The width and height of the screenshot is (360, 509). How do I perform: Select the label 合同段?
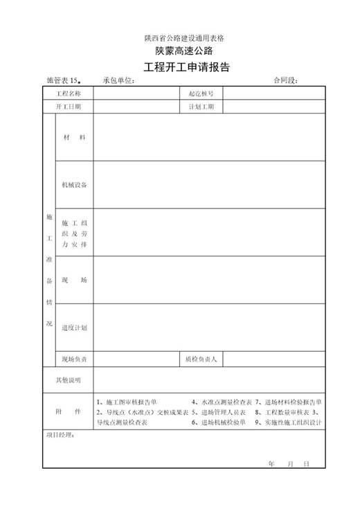point(285,81)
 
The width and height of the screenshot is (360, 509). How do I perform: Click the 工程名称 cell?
point(69,93)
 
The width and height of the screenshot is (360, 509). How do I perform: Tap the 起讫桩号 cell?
point(201,93)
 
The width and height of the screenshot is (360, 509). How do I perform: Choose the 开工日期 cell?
point(69,107)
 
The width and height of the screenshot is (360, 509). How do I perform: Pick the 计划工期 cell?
point(201,107)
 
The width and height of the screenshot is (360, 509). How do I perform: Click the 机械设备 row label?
point(74,185)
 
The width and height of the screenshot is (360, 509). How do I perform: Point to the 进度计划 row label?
point(74,328)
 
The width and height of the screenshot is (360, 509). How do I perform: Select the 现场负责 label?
point(74,359)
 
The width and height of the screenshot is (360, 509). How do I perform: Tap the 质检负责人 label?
point(201,359)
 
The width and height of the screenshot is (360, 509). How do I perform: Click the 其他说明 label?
point(69,379)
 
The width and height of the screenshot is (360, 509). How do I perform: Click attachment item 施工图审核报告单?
point(131,402)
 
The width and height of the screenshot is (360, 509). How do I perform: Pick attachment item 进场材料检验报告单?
point(289,402)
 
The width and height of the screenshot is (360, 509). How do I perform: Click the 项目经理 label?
point(60,436)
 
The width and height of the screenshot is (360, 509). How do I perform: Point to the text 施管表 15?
point(64,81)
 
